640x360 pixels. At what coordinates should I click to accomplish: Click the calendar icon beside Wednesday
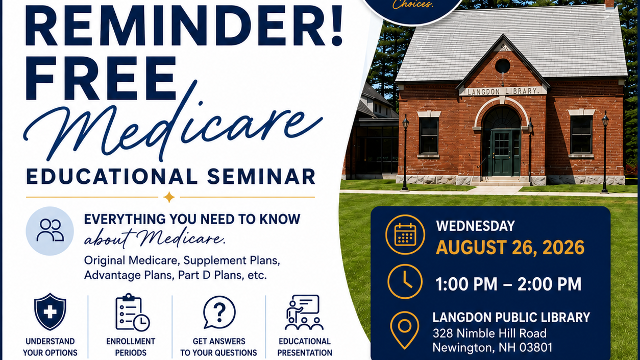405,234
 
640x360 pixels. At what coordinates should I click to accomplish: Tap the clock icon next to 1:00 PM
405,282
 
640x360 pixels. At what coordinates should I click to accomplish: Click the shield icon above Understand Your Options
50,311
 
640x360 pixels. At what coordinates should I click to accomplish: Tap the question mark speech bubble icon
219,312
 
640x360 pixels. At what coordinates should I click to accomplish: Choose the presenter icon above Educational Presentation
304,312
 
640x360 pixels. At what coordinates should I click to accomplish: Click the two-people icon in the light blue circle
50,230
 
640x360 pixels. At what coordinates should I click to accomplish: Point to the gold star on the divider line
169,197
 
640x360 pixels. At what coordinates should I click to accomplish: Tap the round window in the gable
502,66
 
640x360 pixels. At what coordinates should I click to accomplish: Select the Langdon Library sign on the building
503,91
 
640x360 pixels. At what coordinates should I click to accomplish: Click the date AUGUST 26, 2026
510,247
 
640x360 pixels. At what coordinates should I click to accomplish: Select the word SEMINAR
261,177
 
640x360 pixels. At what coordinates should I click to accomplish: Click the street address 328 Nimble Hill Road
489,333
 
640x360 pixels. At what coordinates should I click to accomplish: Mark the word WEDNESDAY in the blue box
476,226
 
